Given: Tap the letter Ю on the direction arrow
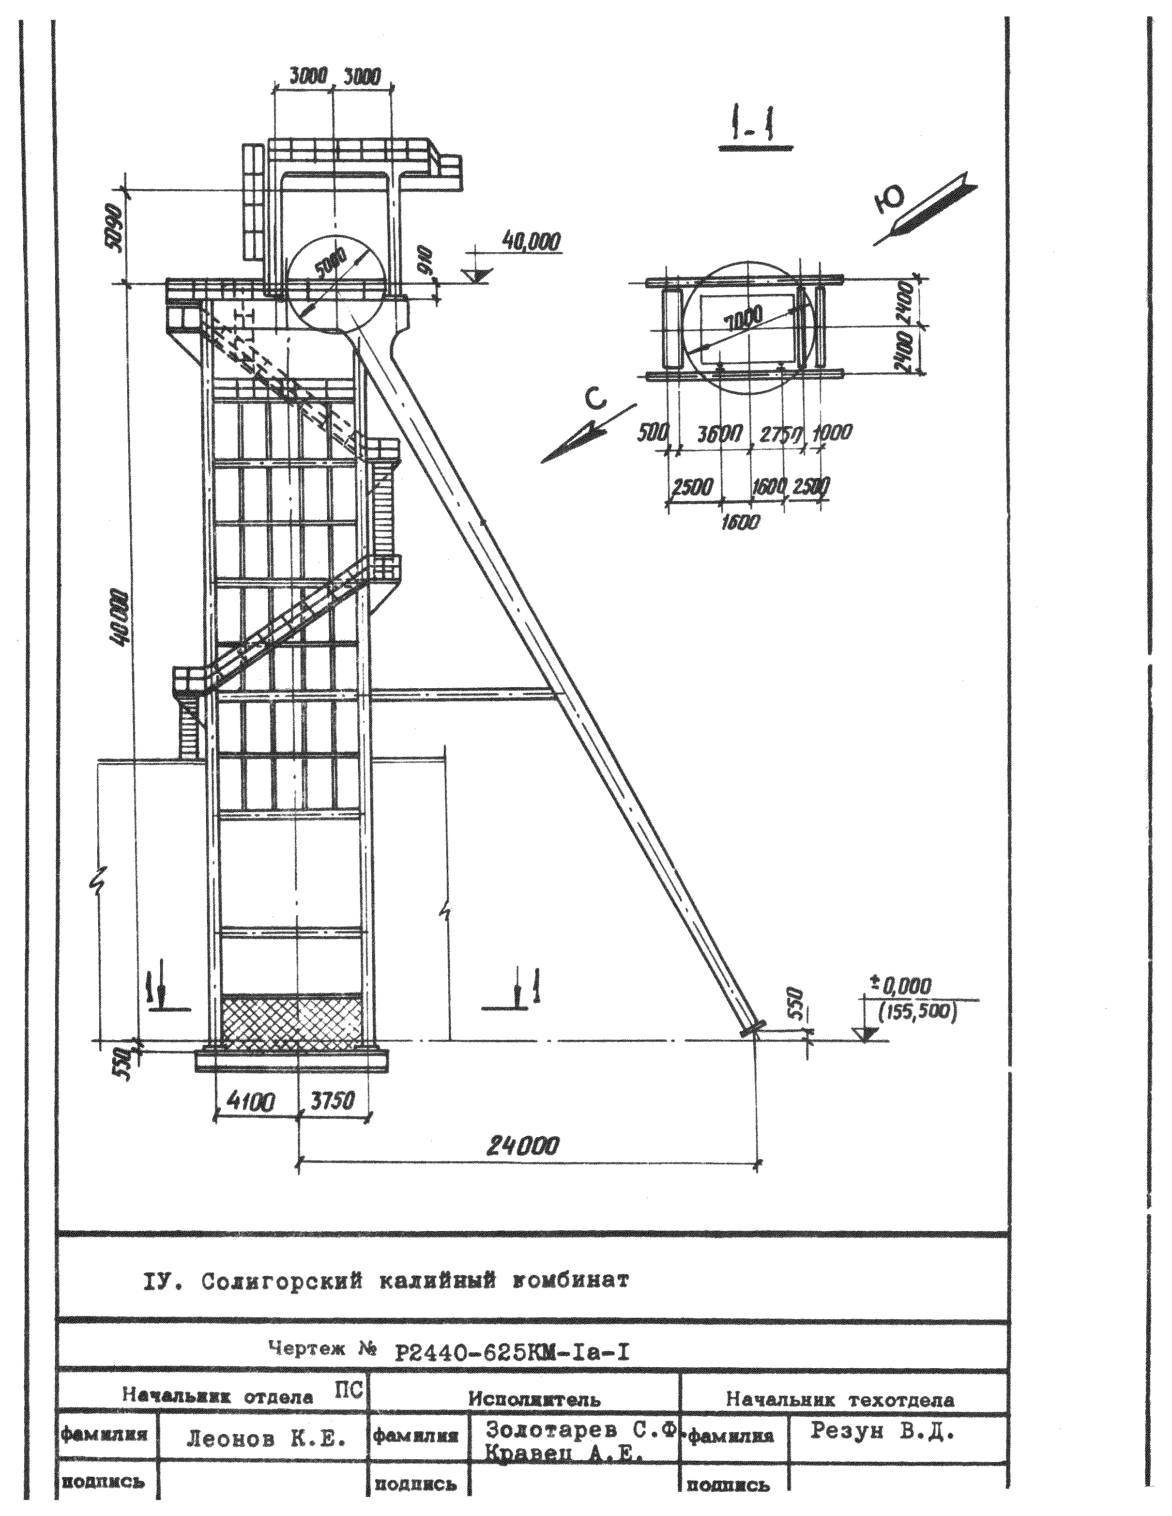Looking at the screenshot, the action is pos(890,201).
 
